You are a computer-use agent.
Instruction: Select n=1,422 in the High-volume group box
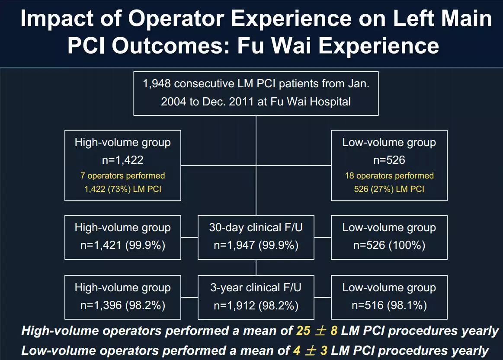pyautogui.click(x=123, y=160)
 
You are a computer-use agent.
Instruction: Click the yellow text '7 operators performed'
pyautogui.click(x=123, y=176)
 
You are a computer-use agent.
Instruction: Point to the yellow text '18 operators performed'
pyautogui.click(x=389, y=176)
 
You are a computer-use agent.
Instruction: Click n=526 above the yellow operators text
pyautogui.click(x=389, y=160)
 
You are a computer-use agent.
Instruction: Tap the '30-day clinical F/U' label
pyautogui.click(x=256, y=228)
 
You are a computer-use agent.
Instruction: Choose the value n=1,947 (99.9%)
pyautogui.click(x=256, y=245)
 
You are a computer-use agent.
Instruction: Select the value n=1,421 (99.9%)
pyautogui.click(x=123, y=245)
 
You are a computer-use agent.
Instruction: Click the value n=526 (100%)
pyautogui.click(x=389, y=245)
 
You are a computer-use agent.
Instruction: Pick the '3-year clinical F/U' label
pyautogui.click(x=256, y=288)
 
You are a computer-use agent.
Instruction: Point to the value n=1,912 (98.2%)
pyautogui.click(x=256, y=306)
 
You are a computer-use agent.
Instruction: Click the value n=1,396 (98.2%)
pyautogui.click(x=123, y=306)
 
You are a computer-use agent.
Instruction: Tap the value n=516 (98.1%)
pyautogui.click(x=389, y=306)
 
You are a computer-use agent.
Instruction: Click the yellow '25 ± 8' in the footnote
pyautogui.click(x=317, y=331)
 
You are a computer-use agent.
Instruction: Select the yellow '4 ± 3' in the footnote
pyautogui.click(x=309, y=350)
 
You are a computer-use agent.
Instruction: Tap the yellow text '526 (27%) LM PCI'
pyautogui.click(x=389, y=189)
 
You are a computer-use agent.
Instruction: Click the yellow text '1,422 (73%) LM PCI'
pyautogui.click(x=123, y=189)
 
